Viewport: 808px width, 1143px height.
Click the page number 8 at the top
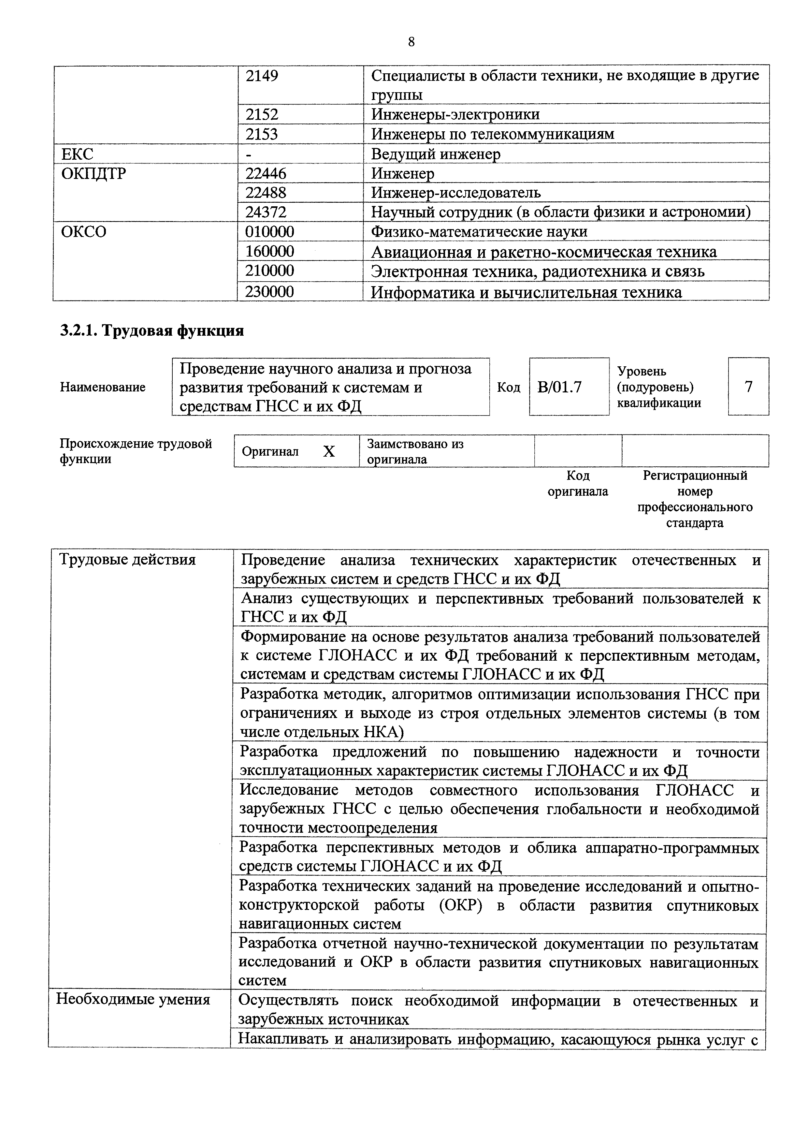pyautogui.click(x=411, y=42)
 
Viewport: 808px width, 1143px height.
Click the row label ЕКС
pyautogui.click(x=77, y=154)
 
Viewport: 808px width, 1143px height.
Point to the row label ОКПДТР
pyautogui.click(x=94, y=173)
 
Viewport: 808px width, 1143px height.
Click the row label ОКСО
pyautogui.click(x=84, y=231)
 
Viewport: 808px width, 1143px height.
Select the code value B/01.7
pyautogui.click(x=559, y=387)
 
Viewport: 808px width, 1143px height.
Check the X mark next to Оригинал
pyautogui.click(x=329, y=451)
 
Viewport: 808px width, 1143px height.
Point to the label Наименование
pyautogui.click(x=103, y=387)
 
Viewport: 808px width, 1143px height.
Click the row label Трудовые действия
pyautogui.click(x=127, y=560)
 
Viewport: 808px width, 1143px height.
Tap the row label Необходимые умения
pyautogui.click(x=133, y=999)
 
